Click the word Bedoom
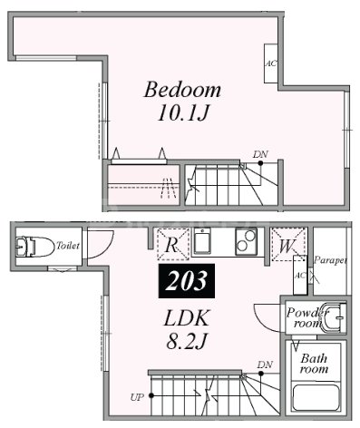[182, 90]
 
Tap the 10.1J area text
[183, 113]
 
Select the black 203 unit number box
[187, 281]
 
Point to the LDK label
[186, 317]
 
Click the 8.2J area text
[187, 342]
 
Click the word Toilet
[68, 246]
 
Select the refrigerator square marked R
[173, 244]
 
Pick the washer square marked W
[287, 245]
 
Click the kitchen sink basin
[201, 240]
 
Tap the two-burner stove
[246, 241]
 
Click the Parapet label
[330, 260]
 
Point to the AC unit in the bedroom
[271, 63]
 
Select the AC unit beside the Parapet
[300, 275]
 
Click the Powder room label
[306, 317]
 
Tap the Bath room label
[314, 364]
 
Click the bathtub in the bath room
[316, 397]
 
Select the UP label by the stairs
[137, 397]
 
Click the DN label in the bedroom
[260, 155]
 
